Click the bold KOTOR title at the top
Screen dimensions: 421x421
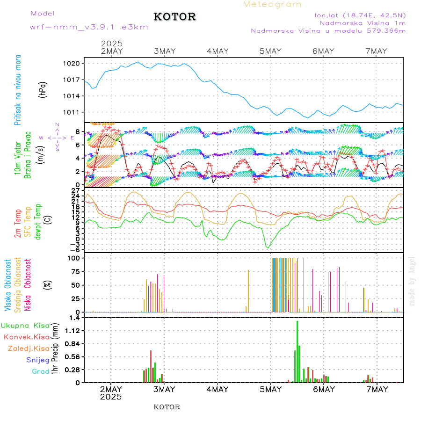(174, 17)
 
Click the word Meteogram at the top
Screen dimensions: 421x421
(272, 4)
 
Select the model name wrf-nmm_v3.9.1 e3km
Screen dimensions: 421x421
(88, 27)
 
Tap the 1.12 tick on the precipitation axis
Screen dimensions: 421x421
(74, 331)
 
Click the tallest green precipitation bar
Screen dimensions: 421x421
(297, 351)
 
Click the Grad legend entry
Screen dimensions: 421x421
(41, 371)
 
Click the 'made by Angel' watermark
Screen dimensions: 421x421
(412, 281)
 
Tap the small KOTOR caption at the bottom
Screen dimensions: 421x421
(167, 407)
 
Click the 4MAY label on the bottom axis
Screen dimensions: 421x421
(217, 389)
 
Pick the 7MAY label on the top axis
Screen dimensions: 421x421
(376, 51)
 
